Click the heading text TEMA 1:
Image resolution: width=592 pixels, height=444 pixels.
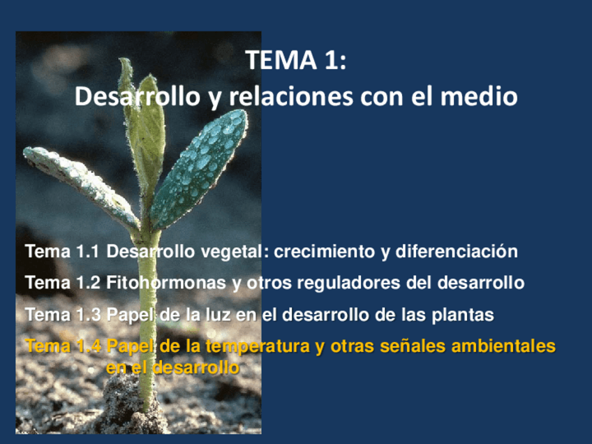(x=296, y=61)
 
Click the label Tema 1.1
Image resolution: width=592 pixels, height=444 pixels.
(x=62, y=251)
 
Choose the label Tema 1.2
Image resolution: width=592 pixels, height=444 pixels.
(x=62, y=283)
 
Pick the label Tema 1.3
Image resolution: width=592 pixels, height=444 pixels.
(x=62, y=315)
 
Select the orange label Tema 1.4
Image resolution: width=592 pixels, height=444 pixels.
(x=62, y=346)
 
